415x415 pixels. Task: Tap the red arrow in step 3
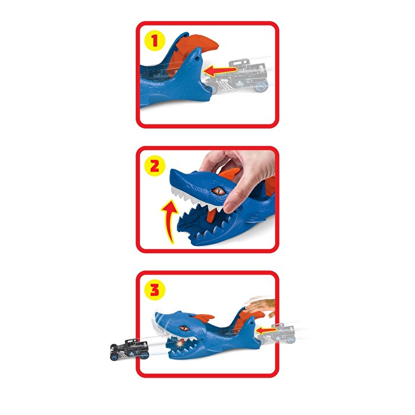pos(267,327)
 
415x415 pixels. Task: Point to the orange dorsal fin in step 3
pos(205,319)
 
